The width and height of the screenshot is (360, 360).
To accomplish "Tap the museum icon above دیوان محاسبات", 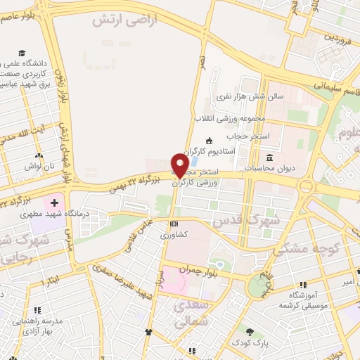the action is pos(270,157).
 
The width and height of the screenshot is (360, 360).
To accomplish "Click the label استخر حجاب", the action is pos(235,135).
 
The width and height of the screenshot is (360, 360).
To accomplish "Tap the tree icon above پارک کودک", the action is pos(250,331).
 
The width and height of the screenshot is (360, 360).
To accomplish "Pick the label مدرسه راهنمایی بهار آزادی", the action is pos(35,326).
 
